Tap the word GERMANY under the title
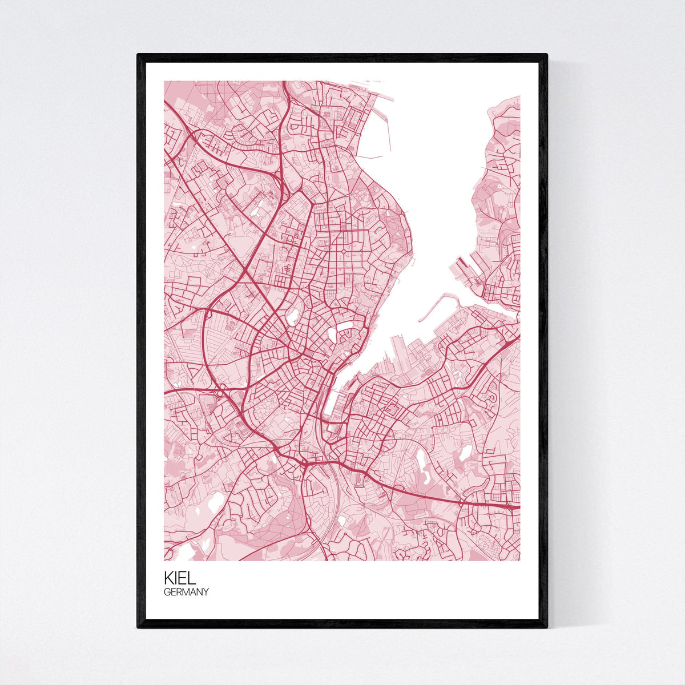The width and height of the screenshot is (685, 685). (186, 592)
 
